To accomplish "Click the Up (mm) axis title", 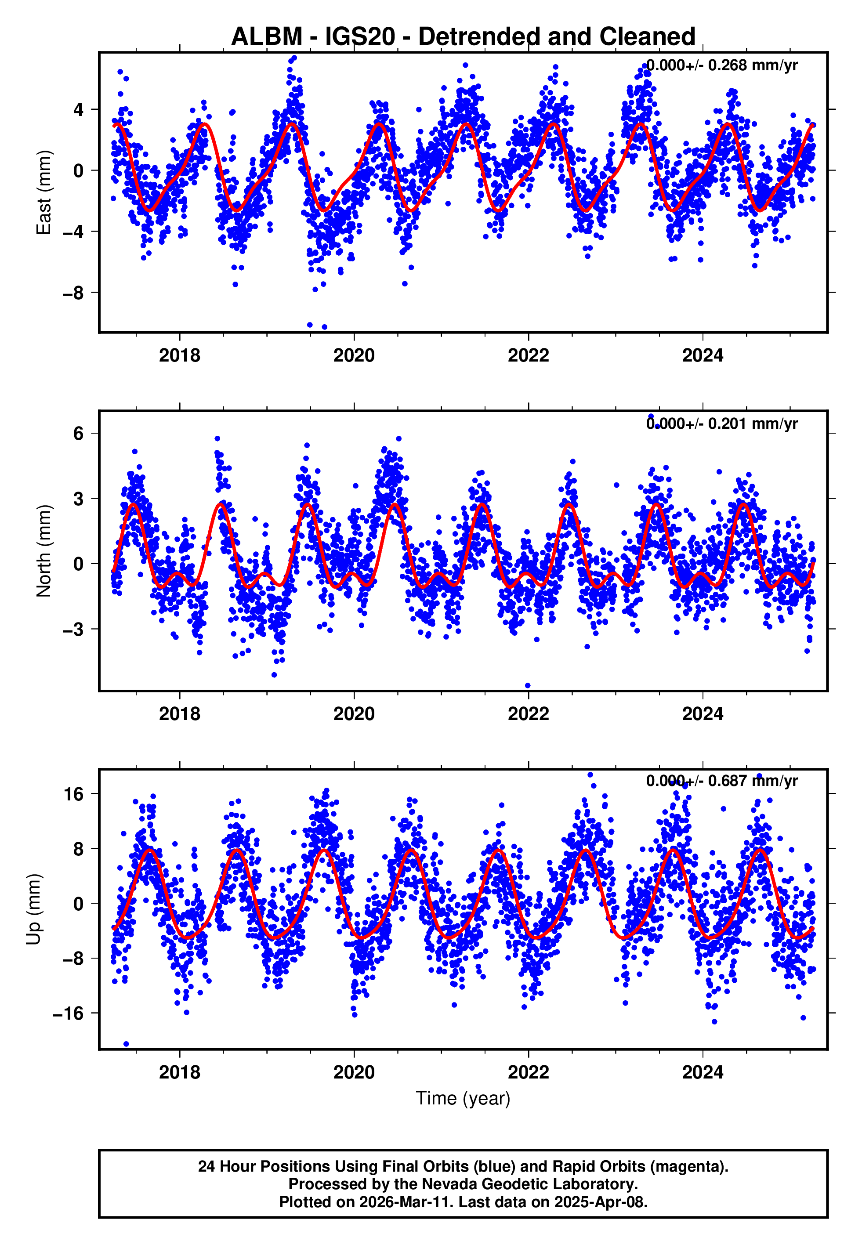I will (33, 909).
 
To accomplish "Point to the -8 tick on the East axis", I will (73, 293).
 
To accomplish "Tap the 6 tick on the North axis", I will (79, 433).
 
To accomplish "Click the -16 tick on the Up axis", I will (68, 1013).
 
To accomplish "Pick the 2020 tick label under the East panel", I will (354, 355).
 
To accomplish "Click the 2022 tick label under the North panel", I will (528, 714).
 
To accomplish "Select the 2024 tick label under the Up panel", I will (702, 1072).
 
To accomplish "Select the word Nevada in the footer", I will (445, 1184).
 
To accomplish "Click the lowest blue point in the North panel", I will (528, 686).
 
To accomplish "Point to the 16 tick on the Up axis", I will (73, 794).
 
